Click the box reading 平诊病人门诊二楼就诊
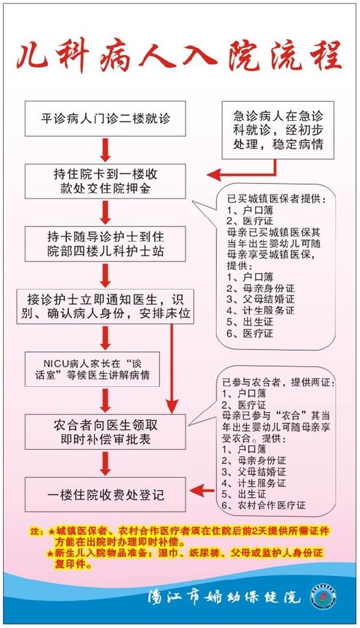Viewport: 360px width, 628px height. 105,118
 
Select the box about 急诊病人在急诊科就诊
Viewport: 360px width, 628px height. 278,130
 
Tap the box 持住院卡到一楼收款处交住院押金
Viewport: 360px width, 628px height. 105,181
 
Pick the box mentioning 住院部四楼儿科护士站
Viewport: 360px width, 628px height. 105,244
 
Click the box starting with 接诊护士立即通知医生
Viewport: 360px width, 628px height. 105,307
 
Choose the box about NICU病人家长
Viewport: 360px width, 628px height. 92,369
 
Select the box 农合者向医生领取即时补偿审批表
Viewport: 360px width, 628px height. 105,432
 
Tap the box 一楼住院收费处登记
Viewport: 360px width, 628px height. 105,495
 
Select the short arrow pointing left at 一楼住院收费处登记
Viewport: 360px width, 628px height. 202,490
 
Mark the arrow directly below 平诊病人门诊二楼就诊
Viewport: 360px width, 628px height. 105,150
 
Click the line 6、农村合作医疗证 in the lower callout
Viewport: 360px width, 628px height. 264,505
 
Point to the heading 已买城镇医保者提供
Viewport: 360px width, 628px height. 277,199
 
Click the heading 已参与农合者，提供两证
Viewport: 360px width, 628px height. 278,383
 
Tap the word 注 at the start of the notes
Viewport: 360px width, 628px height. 35,532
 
